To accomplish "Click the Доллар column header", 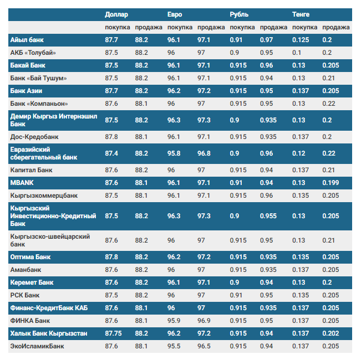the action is tap(116, 14).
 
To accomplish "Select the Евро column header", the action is tap(175, 14).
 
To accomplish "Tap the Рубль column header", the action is tap(239, 14).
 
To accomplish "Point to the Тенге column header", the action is tap(301, 14).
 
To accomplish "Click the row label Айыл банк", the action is tap(27, 40).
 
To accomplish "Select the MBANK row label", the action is tap(22, 183).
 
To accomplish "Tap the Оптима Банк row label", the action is tap(30, 257).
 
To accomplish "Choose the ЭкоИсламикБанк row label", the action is tap(37, 346).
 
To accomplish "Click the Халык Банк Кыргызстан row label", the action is tap(49, 333).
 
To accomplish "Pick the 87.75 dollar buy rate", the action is tap(113, 333).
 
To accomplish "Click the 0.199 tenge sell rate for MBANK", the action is tap(331, 183).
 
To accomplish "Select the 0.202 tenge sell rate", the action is tap(331, 333).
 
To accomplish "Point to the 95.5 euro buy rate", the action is tap(174, 346).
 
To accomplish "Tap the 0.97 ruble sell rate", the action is tap(266, 40).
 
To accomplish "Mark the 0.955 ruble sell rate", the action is tap(268, 216).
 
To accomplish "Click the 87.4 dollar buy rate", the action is tap(111, 153).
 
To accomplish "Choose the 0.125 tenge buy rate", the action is tap(301, 40).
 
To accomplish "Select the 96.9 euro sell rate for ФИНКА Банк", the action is tap(204, 321).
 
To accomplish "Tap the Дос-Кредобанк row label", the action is tap(34, 137).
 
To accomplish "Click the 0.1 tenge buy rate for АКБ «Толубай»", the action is tap(297, 53).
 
